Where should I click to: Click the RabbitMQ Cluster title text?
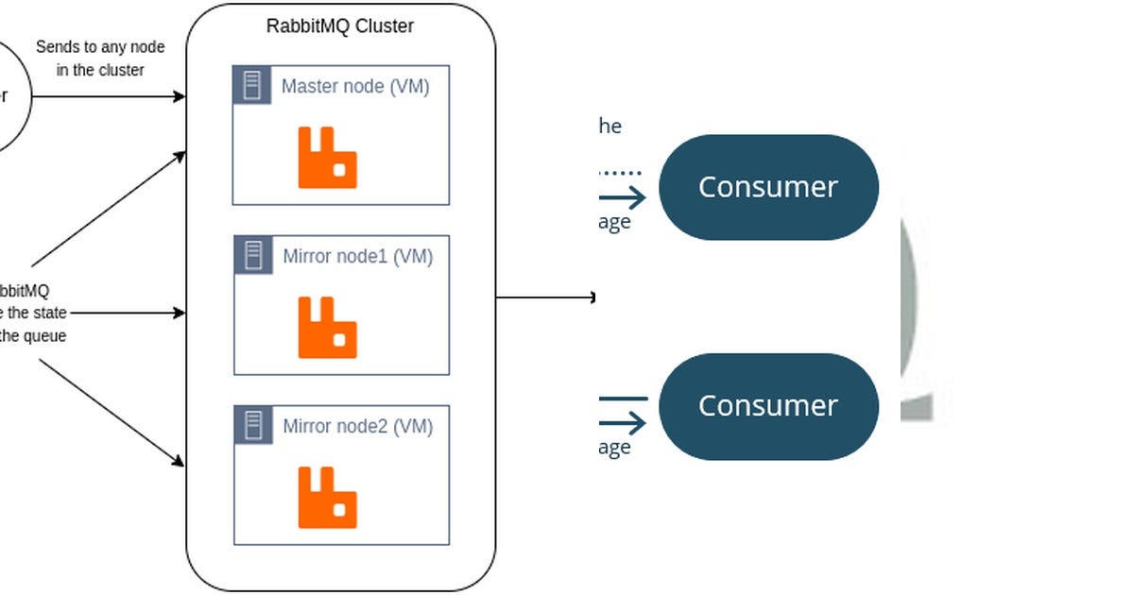coord(340,26)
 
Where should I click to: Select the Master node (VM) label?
coord(355,87)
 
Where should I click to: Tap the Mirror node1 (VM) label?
coord(357,257)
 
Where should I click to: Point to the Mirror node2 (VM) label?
coord(357,427)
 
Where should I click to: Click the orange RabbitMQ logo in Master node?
coord(328,158)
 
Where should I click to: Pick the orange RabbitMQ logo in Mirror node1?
coord(328,328)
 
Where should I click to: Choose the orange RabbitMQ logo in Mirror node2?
coord(328,497)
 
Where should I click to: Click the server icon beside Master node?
coord(252,85)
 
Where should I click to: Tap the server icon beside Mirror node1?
coord(253,255)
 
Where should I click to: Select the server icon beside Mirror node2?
coord(253,425)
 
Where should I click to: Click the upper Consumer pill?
coord(768,187)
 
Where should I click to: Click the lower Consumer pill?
coord(768,406)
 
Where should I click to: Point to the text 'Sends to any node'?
coord(100,47)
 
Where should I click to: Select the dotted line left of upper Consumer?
coord(621,173)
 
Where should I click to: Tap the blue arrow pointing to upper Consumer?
coord(624,197)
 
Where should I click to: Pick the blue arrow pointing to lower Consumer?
coord(624,422)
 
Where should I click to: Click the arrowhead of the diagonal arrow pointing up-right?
coord(180,155)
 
